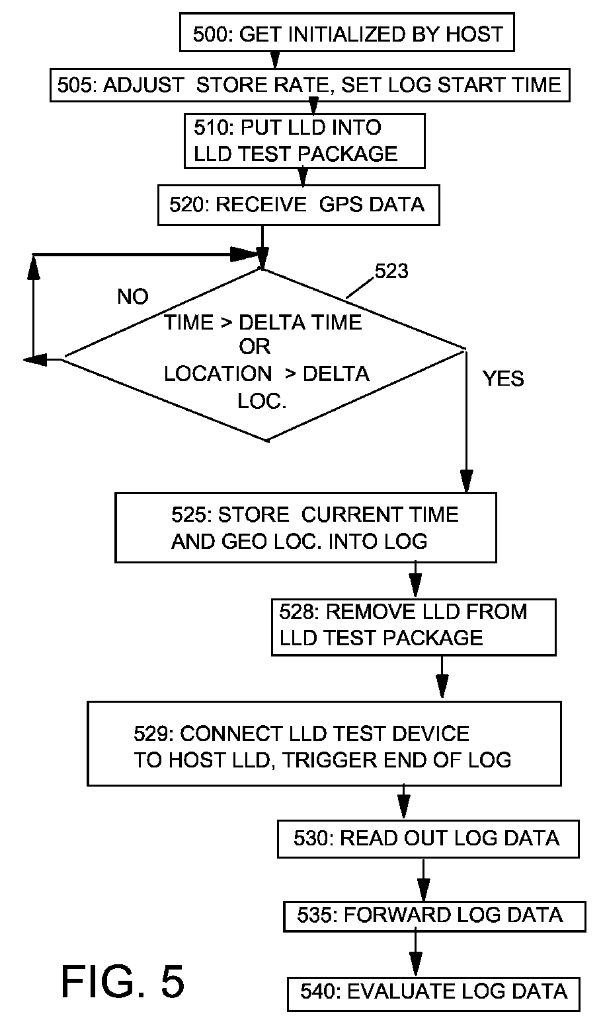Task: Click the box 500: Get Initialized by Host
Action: point(346,32)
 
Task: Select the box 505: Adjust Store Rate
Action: point(309,85)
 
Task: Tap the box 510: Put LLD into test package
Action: point(305,141)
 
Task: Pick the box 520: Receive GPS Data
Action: point(298,205)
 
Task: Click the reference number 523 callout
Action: point(391,271)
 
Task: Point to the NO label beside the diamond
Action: point(133,297)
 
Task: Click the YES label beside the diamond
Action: point(503,378)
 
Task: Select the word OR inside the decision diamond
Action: point(255,347)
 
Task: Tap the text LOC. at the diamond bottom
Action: point(262,401)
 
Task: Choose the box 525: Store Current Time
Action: point(305,527)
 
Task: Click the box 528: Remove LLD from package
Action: point(413,627)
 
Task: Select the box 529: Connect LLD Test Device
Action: point(324,743)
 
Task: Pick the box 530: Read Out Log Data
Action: point(428,839)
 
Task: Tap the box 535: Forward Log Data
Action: point(434,916)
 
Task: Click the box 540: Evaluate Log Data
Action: point(434,994)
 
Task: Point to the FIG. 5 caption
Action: point(123,981)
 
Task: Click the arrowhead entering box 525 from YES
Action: point(466,481)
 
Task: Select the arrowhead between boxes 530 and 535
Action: point(423,890)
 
